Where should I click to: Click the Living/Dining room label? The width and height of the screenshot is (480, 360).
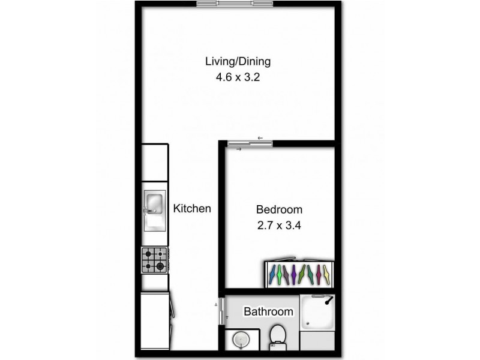pyautogui.click(x=238, y=61)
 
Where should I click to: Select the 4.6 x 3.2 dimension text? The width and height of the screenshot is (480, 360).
pyautogui.click(x=238, y=77)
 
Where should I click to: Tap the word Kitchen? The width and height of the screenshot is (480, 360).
pyautogui.click(x=192, y=209)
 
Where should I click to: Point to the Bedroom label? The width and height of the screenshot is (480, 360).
pyautogui.click(x=279, y=210)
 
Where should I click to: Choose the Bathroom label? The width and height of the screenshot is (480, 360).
pyautogui.click(x=268, y=311)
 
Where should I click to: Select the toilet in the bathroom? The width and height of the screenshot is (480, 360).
pyautogui.click(x=278, y=338)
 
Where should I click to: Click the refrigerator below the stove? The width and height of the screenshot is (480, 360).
pyautogui.click(x=155, y=318)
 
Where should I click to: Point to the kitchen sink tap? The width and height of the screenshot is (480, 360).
pyautogui.click(x=146, y=209)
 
